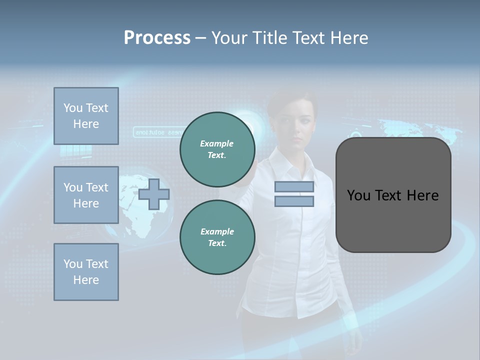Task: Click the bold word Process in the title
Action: (x=157, y=38)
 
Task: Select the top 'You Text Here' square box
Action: (x=86, y=116)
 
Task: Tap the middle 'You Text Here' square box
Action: (x=86, y=195)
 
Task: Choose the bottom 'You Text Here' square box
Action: (x=86, y=272)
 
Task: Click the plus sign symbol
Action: (x=154, y=194)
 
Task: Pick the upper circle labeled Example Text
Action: (x=217, y=149)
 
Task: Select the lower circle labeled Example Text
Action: (x=217, y=237)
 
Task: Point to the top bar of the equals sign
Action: (x=294, y=187)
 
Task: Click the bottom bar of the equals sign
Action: (x=294, y=201)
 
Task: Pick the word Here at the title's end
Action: (x=349, y=38)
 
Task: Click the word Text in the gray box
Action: (x=392, y=195)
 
